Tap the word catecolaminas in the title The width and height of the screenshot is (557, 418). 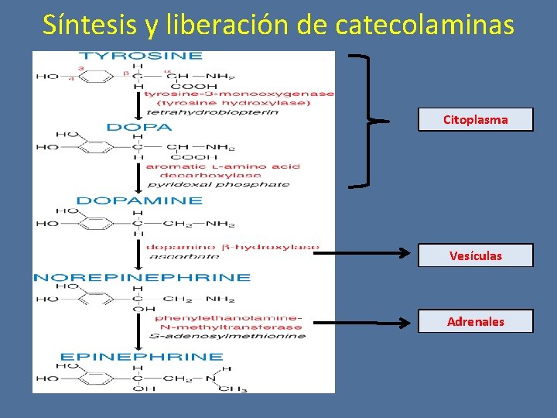coord(425,25)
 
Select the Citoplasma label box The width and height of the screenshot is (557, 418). coord(475,120)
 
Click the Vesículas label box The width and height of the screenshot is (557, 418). coord(475,255)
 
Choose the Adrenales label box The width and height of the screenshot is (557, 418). coord(475,321)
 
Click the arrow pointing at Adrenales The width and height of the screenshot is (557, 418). coord(364,321)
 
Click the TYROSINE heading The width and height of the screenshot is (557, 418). coord(142,56)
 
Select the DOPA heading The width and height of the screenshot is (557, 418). coord(139,127)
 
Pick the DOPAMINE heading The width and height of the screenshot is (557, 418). coord(139,200)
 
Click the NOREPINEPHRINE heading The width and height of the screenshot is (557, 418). coord(142,277)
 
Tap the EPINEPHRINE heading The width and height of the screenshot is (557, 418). coord(142,357)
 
